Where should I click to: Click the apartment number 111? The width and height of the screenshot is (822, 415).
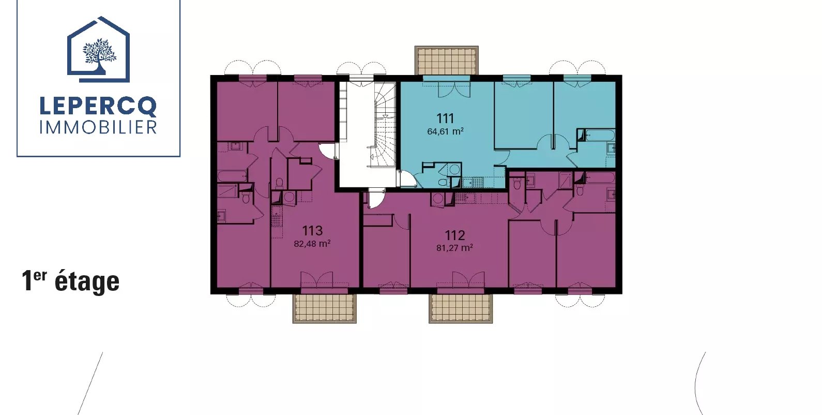(445, 118)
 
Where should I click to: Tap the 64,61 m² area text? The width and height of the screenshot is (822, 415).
(445, 131)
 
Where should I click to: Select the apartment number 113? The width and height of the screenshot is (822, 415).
(312, 231)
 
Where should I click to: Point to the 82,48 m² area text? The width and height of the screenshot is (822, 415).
(312, 244)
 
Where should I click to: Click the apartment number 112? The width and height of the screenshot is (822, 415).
(454, 235)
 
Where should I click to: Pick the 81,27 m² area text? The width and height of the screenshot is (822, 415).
(454, 248)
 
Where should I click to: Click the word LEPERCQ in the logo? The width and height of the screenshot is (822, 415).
(98, 107)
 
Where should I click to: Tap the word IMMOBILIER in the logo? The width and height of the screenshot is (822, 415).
(98, 127)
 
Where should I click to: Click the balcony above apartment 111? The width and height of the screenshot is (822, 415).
(447, 61)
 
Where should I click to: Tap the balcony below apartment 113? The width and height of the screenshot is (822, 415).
(324, 308)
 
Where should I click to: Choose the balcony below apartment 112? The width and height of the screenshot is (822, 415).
(461, 308)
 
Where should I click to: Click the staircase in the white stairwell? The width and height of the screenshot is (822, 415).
(384, 125)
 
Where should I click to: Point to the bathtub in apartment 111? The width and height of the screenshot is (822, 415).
(600, 135)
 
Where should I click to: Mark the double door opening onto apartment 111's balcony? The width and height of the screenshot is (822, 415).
(454, 89)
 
